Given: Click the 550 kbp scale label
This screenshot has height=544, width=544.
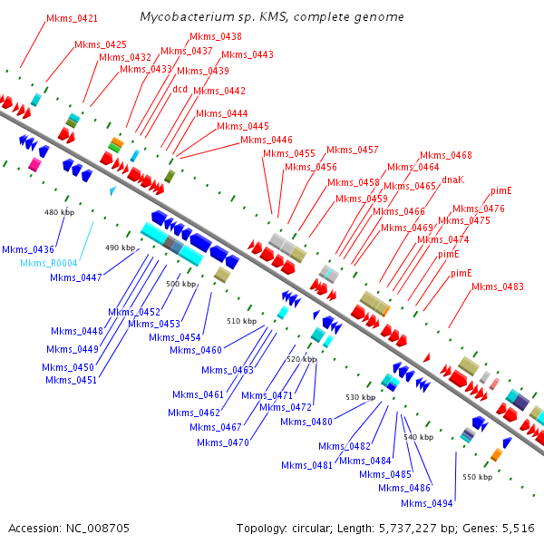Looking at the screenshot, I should point(477,477).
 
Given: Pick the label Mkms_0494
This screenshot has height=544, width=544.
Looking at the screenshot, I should point(426,503).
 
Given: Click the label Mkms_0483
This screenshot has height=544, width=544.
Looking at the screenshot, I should point(498,287).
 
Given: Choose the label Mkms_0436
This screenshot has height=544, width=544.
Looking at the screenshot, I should point(28,249).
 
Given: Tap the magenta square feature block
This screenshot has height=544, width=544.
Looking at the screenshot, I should point(35,164).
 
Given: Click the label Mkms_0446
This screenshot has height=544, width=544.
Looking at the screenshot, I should point(267,140).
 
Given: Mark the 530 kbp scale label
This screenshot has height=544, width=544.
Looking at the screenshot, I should point(360,397).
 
